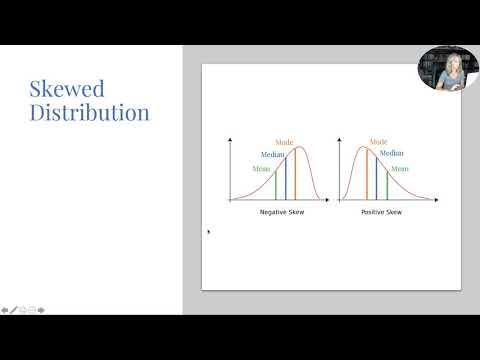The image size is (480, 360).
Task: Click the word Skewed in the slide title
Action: (x=67, y=88)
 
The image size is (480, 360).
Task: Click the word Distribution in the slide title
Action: (x=89, y=112)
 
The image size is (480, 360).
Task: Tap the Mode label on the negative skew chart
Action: (x=285, y=143)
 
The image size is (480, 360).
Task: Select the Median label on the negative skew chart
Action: (x=273, y=155)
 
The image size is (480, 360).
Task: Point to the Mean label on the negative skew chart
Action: (x=261, y=169)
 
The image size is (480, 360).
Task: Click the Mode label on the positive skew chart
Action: (x=379, y=142)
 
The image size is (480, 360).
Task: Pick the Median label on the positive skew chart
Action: (x=391, y=154)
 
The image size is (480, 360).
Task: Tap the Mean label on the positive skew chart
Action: (x=400, y=169)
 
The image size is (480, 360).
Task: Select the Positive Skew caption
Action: (x=380, y=214)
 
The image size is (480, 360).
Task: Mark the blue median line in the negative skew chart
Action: (x=286, y=181)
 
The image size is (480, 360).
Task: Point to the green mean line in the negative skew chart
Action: (x=276, y=187)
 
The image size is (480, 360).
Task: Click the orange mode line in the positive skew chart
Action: (x=366, y=176)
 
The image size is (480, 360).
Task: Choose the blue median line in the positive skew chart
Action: (x=376, y=181)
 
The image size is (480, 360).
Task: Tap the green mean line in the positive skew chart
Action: (x=387, y=187)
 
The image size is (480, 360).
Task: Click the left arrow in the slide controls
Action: (x=5, y=309)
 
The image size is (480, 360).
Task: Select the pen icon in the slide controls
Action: (x=14, y=309)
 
